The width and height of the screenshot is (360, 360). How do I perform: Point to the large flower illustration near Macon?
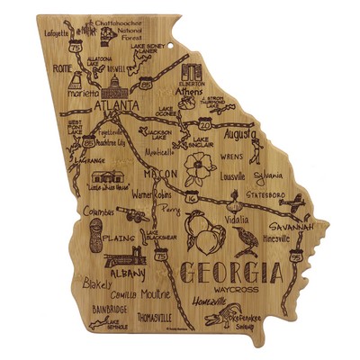[197, 168]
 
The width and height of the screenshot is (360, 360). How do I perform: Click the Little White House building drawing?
[106, 175]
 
